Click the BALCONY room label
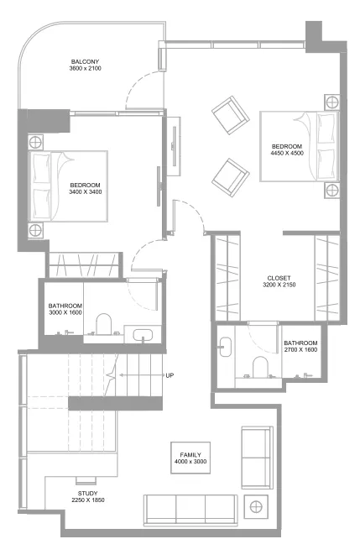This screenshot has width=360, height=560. tap(86, 62)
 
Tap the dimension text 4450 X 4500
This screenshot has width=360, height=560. tap(286, 154)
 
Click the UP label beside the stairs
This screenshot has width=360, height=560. tap(170, 375)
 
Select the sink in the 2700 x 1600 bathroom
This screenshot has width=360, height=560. tap(223, 346)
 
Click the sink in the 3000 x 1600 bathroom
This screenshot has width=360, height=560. tap(143, 336)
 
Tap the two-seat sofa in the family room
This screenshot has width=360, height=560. tap(257, 458)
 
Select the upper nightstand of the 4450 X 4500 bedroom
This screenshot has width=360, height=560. tap(331, 102)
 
